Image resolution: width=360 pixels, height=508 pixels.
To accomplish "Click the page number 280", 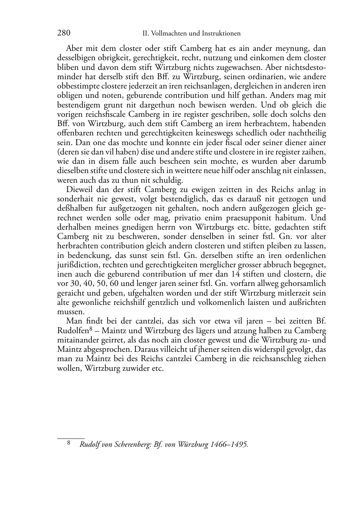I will click(63, 33).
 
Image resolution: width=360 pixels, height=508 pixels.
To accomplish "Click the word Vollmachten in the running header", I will click(168, 34).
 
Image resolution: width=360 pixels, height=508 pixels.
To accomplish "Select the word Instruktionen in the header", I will click(219, 34).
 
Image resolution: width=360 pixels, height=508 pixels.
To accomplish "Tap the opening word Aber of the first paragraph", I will click(74, 48).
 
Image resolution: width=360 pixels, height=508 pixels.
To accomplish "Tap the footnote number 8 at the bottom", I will click(69, 444).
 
